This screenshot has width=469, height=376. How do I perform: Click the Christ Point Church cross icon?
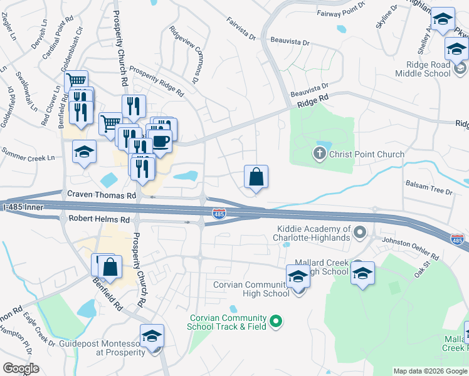coord(319,154)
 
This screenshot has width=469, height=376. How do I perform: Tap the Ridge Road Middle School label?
coord(423,69)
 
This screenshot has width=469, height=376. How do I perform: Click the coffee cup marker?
coord(161,140)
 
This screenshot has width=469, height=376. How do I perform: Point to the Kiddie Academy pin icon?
coord(360,234)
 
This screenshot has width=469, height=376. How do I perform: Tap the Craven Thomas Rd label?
coord(102,196)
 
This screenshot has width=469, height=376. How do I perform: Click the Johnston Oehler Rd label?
coord(411,247)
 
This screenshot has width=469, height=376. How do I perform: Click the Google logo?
coord(21,368)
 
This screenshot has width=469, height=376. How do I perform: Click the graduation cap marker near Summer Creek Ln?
coord(84,152)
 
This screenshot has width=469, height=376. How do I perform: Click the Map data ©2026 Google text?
coord(429,371)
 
